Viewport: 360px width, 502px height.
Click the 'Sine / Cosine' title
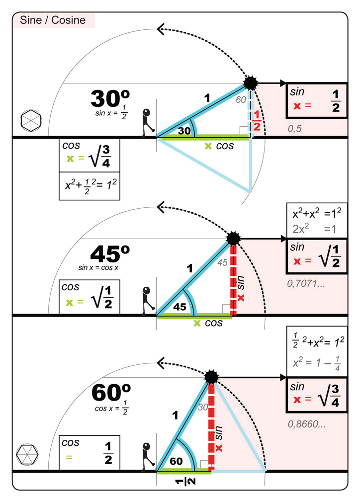coord(53,20)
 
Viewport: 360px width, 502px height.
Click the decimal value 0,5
coord(295,129)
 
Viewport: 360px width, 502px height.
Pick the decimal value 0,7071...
coord(306,285)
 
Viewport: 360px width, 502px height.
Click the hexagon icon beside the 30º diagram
coord(31,120)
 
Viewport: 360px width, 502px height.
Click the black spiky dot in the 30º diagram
coord(250,83)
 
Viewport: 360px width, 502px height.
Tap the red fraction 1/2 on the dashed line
coord(257,121)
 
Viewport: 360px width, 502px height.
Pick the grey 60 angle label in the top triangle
coord(241,100)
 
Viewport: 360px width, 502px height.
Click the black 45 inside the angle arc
coord(180,307)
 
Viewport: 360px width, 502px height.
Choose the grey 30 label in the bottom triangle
coord(203,407)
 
